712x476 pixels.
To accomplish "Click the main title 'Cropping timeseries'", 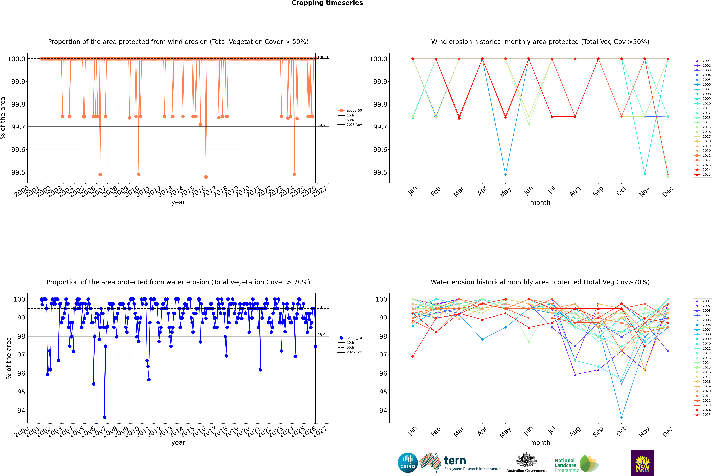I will coord(327,3).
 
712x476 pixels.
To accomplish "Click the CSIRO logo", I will coord(408,463).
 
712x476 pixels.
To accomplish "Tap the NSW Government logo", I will coord(642,463).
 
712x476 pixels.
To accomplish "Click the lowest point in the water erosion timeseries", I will coord(105,417).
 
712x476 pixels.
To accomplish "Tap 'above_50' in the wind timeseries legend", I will coord(354,111).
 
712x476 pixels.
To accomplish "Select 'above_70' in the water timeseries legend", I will coord(354,338).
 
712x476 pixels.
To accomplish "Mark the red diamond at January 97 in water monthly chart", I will coord(413,356).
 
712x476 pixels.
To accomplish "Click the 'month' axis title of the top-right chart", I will coord(540,203).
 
